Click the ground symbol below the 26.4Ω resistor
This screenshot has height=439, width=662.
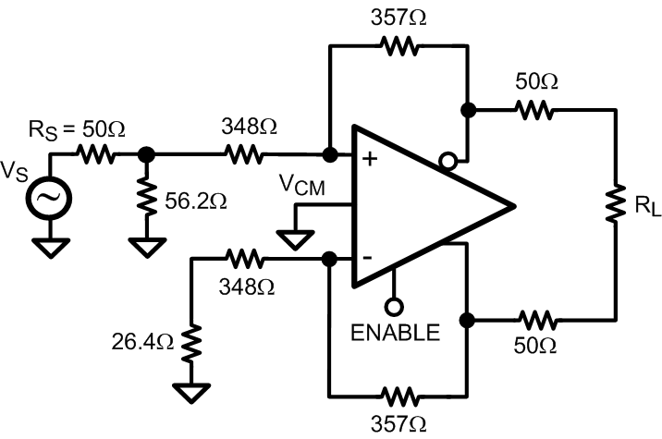190,393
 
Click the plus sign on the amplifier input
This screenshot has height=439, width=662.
371,159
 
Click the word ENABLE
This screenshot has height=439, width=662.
395,333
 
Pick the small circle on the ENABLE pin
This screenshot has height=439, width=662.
394,307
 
